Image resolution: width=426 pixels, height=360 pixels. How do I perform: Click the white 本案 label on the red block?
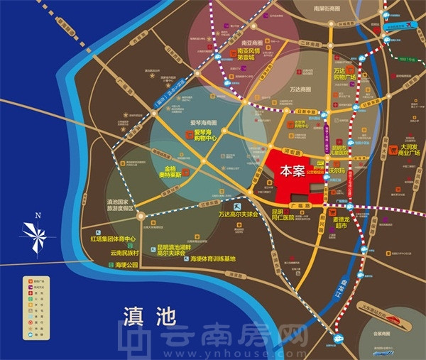(x=292, y=171)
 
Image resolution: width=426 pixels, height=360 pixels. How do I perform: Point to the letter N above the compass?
(x=38, y=215)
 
